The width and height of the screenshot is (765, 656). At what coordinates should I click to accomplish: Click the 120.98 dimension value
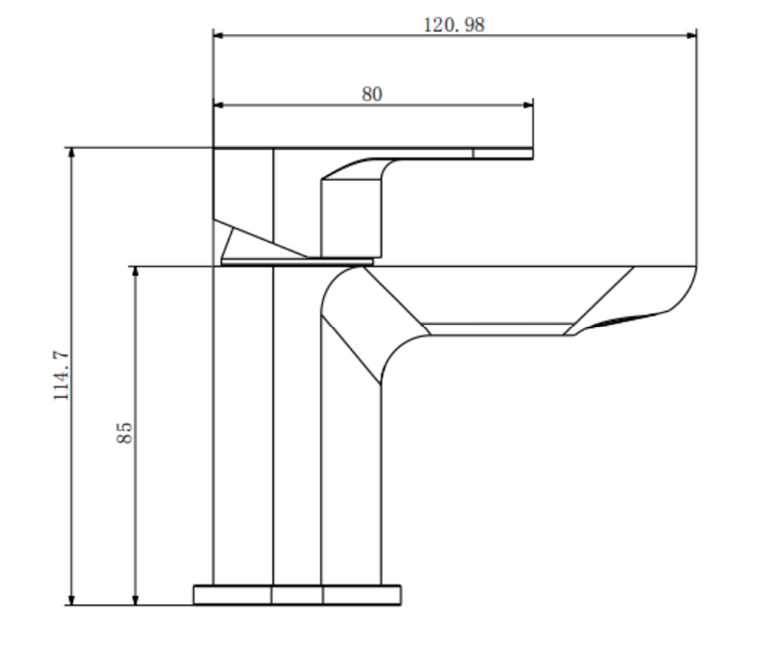coord(453,25)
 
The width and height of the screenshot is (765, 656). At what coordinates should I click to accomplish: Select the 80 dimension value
coord(372,94)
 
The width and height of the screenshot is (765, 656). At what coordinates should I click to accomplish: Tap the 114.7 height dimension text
coord(61,375)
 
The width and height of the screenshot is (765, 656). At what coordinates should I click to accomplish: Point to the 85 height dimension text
coord(124,432)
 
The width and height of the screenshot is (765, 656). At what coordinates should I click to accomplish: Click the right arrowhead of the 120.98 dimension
coord(691,35)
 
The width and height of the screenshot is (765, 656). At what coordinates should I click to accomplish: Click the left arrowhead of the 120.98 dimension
coord(219,35)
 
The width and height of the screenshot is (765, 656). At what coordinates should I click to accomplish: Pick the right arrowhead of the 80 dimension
coord(528,105)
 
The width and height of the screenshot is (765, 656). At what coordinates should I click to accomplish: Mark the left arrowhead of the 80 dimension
coord(219,105)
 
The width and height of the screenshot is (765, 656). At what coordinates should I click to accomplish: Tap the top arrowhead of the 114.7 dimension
coord(72,153)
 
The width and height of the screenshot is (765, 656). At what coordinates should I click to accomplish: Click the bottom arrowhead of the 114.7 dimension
coord(72,600)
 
